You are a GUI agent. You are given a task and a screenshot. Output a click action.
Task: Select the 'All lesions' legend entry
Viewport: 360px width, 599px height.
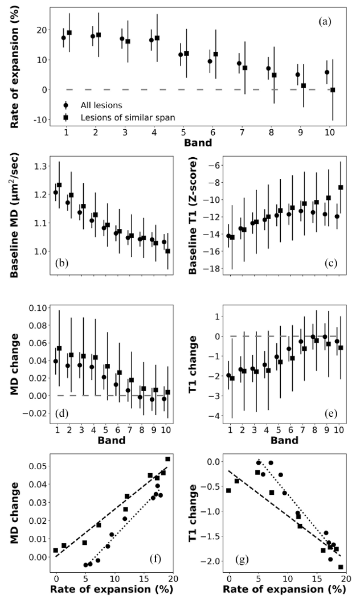coord(100,105)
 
